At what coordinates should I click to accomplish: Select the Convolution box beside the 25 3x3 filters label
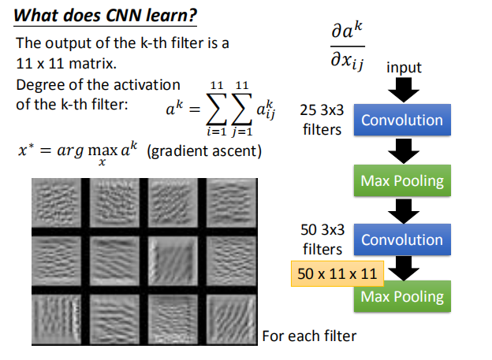click(x=402, y=121)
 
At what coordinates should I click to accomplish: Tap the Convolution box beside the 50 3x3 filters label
click(x=402, y=239)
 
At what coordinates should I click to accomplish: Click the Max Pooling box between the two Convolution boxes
click(x=402, y=181)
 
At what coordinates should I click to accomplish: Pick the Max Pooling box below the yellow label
click(x=402, y=297)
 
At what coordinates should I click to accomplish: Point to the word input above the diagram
click(x=404, y=68)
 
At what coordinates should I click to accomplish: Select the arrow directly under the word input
click(x=403, y=89)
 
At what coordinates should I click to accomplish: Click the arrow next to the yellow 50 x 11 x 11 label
click(x=403, y=269)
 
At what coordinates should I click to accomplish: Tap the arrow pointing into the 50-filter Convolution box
click(x=403, y=210)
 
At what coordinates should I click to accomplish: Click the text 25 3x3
click(x=320, y=110)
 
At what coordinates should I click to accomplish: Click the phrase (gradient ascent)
click(x=204, y=150)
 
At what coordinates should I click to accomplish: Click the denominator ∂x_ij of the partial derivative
click(x=347, y=59)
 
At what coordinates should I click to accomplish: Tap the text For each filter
click(x=309, y=336)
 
